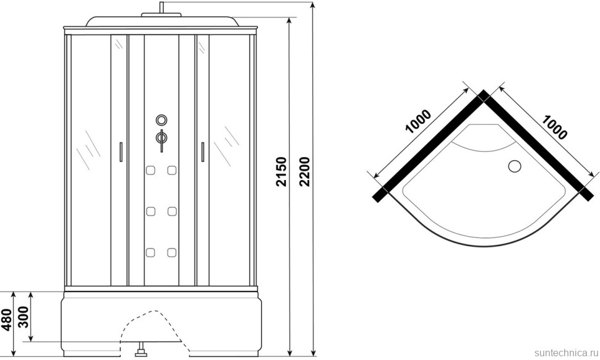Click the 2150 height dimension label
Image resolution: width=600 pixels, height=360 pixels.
tap(281, 171)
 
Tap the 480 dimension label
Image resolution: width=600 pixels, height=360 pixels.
tap(7, 319)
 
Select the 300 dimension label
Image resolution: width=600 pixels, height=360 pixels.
tap(24, 317)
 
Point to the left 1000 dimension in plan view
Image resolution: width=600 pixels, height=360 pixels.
tap(418, 122)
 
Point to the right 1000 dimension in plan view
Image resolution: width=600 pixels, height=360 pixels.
tap(554, 127)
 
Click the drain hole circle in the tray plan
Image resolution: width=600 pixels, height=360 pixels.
tap(515, 166)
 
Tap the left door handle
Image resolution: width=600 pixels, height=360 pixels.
tap(121, 152)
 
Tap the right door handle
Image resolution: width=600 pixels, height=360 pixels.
tap(202, 152)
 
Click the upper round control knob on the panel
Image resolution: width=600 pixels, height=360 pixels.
tap(161, 120)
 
